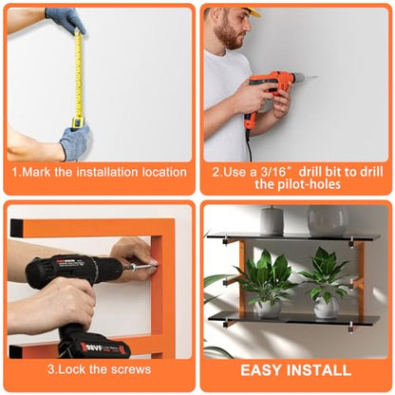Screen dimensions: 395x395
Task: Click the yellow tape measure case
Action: coord(78,122)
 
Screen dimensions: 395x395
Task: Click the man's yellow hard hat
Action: coord(254,12)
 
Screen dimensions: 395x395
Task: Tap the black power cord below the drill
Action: coord(249,144)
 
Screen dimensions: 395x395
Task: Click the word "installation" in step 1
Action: coord(107,172)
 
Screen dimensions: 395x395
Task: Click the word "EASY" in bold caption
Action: coord(261,370)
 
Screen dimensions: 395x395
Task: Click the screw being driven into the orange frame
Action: coord(144,268)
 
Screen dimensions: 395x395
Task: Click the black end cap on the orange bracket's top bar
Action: coord(16,228)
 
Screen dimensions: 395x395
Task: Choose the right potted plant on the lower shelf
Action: coord(326,283)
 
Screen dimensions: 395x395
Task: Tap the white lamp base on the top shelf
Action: coord(273,220)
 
